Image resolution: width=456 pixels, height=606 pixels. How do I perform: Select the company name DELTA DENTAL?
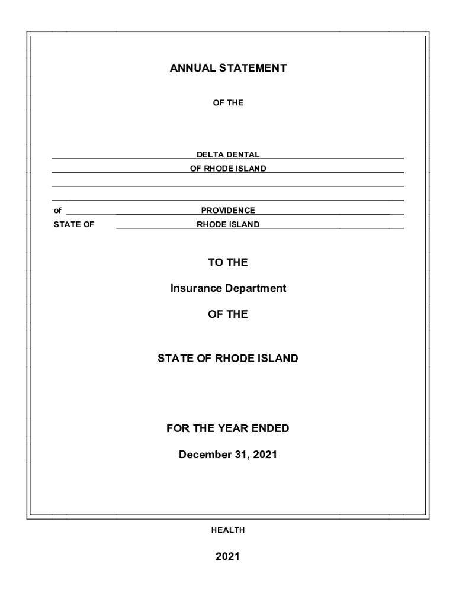pos(228,154)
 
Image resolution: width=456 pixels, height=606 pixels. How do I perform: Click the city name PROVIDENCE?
pos(228,211)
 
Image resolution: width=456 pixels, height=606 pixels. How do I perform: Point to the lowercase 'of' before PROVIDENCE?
pos(57,211)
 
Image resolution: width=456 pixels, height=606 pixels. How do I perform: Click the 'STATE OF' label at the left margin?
pos(74,225)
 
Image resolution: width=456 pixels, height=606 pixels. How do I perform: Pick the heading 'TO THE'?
pos(228,262)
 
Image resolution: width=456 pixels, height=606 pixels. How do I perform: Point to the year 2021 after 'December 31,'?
pos(265,455)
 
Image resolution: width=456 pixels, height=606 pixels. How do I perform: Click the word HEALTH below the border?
pos(228,530)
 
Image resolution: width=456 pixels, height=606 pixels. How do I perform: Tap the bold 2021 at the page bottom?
pos(228,556)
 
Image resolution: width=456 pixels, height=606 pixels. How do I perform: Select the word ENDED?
pos(271,428)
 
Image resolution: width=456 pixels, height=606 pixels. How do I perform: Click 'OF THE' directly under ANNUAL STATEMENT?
pos(228,103)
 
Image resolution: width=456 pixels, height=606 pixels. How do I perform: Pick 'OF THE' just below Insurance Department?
pos(228,314)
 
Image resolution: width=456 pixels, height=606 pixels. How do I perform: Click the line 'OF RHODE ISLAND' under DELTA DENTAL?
pos(228,169)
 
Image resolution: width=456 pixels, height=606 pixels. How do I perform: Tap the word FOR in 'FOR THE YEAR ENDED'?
pos(177,428)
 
